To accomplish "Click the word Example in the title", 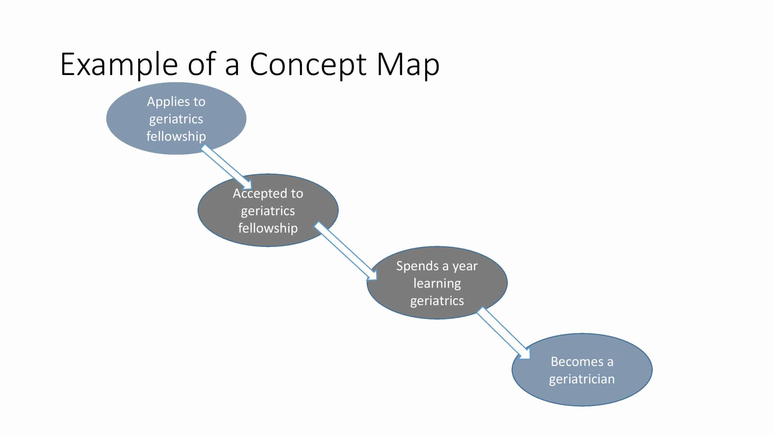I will (119, 65).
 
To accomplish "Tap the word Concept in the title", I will (308, 65).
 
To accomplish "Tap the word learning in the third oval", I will (437, 283).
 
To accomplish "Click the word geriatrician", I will (582, 379).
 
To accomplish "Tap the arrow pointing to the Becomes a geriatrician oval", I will (503, 333).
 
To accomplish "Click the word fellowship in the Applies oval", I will (176, 136).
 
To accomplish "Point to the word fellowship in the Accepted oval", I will (268, 228).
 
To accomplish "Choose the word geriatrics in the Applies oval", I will (176, 119).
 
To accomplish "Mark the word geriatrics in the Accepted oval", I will (268, 211).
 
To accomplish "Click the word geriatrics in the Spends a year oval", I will (437, 301).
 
